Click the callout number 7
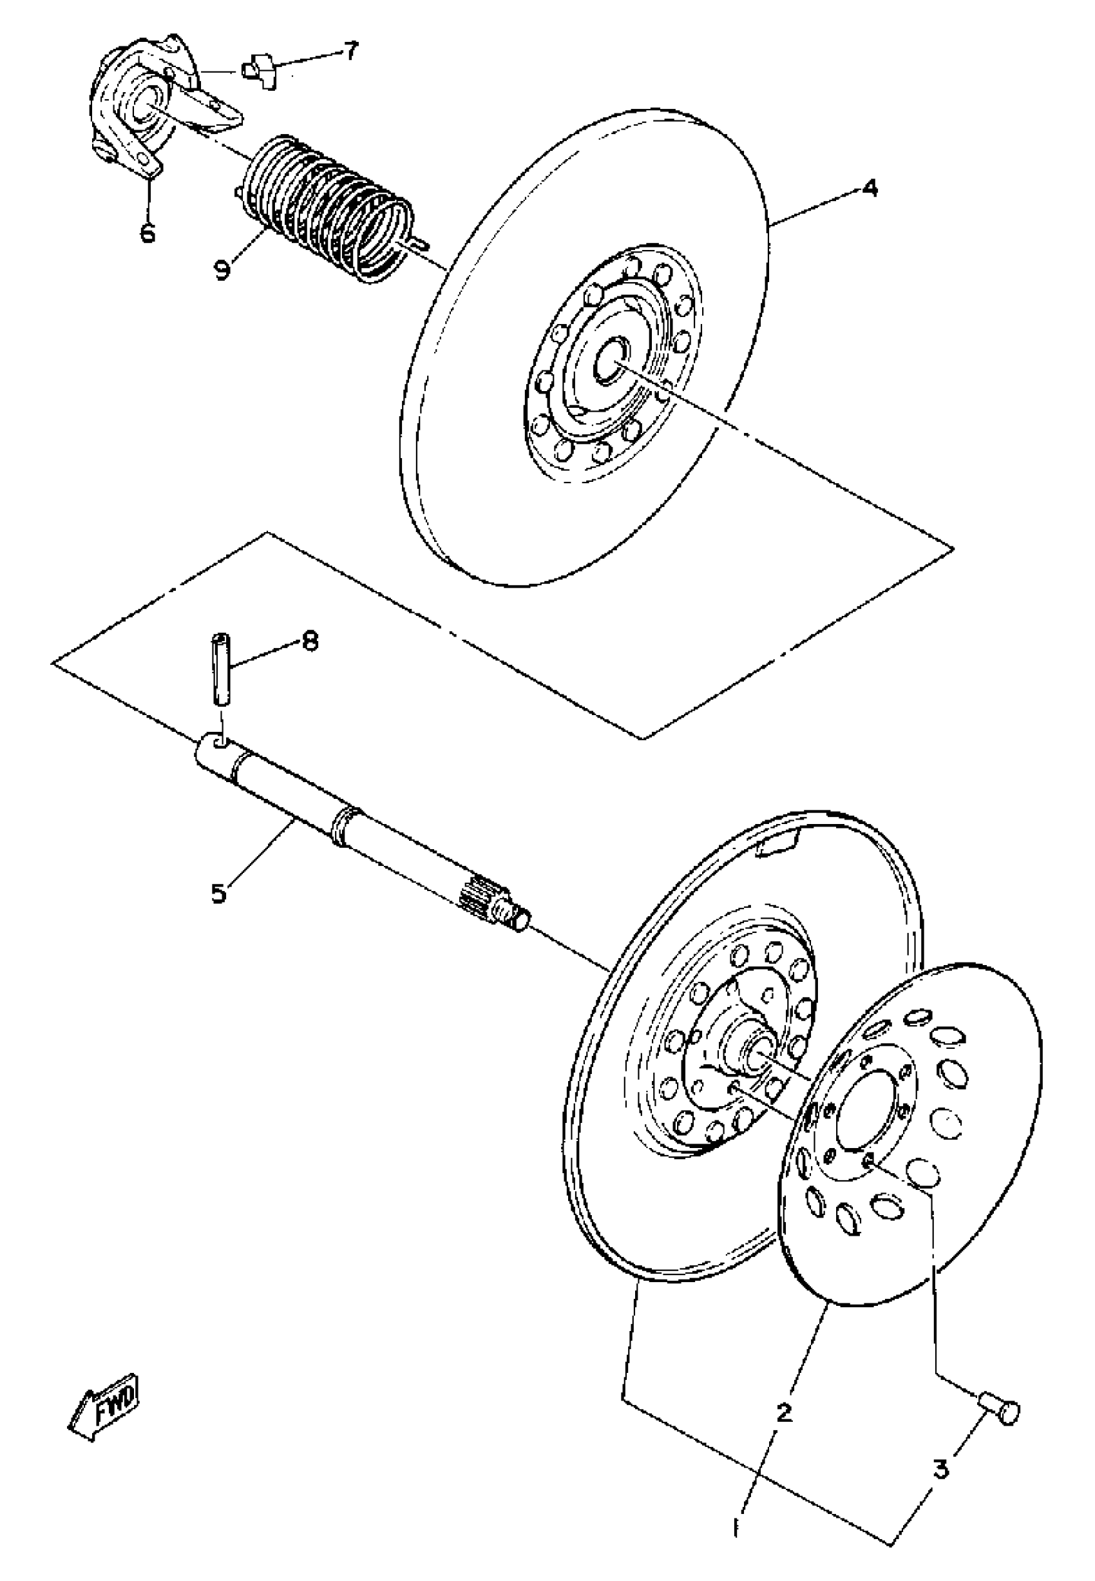pos(350,51)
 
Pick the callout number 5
pos(219,894)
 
